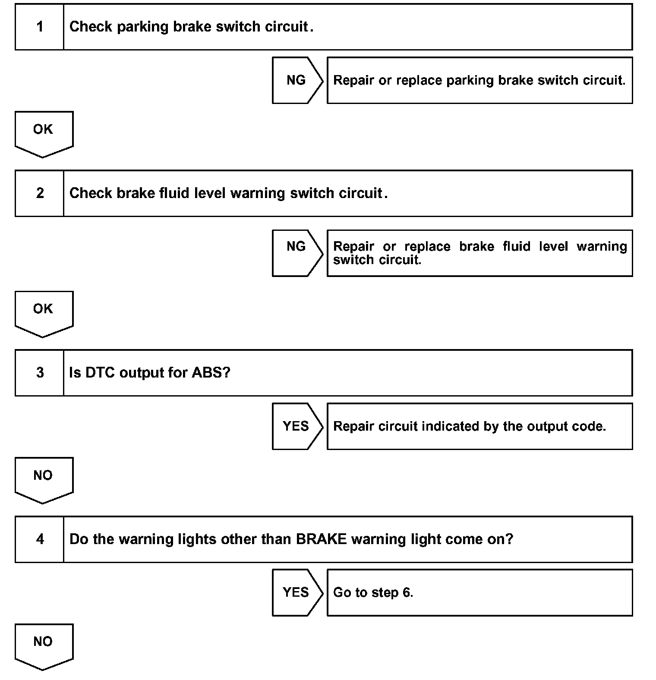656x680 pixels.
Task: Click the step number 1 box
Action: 40,27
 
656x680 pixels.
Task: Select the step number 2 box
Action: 40,193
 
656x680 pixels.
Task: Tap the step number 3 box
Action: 40,373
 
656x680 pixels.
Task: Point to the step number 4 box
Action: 40,539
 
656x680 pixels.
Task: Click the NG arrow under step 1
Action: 296,80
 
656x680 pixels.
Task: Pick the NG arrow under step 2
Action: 296,253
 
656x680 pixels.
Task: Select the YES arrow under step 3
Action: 296,426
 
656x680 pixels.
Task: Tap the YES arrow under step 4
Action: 296,592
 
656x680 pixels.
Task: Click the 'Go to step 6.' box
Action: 479,592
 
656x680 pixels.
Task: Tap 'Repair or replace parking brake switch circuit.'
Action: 479,80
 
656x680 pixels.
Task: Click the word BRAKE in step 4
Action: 321,539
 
